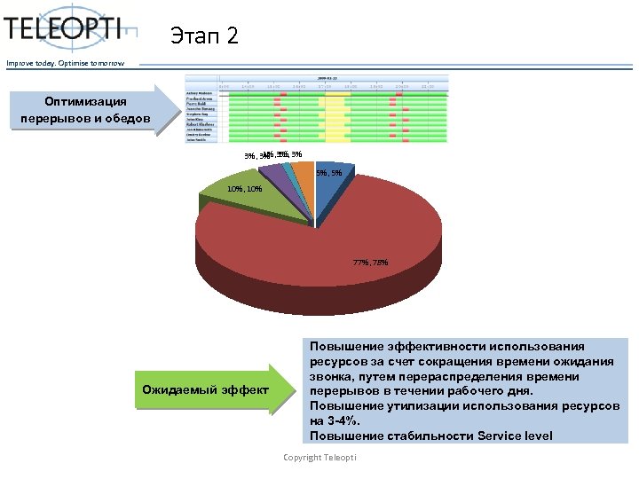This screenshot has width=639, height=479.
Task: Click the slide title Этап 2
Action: [x=204, y=36]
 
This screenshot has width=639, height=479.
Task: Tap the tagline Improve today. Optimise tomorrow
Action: [x=66, y=62]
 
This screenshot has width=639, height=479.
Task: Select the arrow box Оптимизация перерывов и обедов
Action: [x=86, y=111]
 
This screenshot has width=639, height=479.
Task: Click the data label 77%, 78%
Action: [x=369, y=263]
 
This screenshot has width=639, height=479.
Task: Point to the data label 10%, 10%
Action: [x=244, y=189]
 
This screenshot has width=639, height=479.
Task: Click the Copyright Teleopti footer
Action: [x=319, y=457]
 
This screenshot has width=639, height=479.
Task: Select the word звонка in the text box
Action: [x=332, y=376]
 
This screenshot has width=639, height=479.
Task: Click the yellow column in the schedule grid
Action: [x=334, y=111]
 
